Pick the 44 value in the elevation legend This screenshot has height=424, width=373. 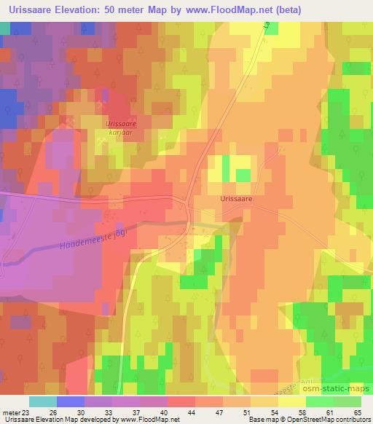pyautogui.click(x=171, y=412)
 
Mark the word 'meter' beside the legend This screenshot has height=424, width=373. pyautogui.click(x=9, y=412)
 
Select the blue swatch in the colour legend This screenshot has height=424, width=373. pyautogui.click(x=70, y=401)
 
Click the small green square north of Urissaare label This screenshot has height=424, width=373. pyautogui.click(x=243, y=176)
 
